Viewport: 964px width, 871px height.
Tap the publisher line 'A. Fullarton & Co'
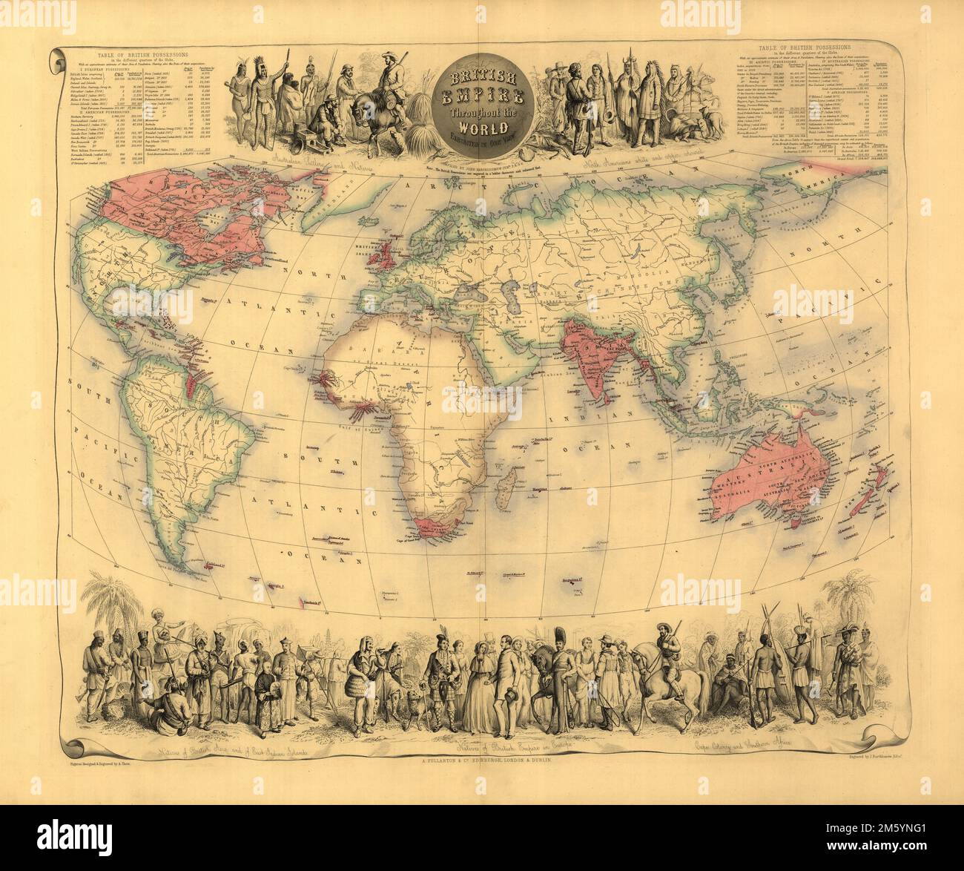click(x=481, y=761)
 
